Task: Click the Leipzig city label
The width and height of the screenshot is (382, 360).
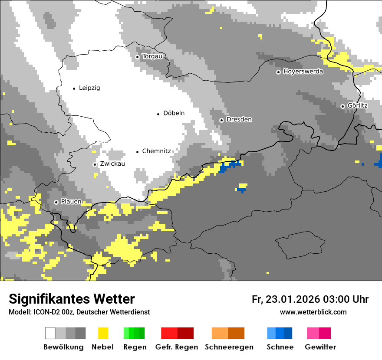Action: pyautogui.click(x=89, y=88)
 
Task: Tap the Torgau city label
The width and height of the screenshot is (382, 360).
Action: pyautogui.click(x=152, y=56)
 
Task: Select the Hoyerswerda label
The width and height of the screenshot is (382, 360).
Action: pyautogui.click(x=303, y=72)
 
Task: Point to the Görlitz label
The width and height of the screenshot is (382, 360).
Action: pyautogui.click(x=358, y=105)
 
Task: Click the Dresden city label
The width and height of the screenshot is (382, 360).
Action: pyautogui.click(x=239, y=120)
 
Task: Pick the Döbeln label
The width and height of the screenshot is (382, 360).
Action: pyautogui.click(x=174, y=113)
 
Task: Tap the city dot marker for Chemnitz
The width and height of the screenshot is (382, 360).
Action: pyautogui.click(x=138, y=152)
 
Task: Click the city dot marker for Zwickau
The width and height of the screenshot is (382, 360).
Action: pyautogui.click(x=95, y=164)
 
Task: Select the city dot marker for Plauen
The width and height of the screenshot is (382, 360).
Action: pyautogui.click(x=56, y=202)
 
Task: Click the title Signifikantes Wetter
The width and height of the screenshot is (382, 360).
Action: pyautogui.click(x=72, y=299)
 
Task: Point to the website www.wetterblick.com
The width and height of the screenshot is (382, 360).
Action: pyautogui.click(x=313, y=312)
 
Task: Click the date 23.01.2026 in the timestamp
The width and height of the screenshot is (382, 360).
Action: pyautogui.click(x=293, y=299)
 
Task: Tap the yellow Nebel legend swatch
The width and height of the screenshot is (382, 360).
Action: pyautogui.click(x=103, y=333)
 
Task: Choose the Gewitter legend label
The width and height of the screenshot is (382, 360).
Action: pyautogui.click(x=320, y=347)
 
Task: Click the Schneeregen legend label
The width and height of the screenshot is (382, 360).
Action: pyautogui.click(x=229, y=347)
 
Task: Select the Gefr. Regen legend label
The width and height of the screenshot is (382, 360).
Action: pyautogui.click(x=177, y=347)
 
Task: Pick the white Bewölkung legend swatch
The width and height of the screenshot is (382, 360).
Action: pyautogui.click(x=50, y=333)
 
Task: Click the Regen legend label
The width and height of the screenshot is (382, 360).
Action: pyautogui.click(x=134, y=347)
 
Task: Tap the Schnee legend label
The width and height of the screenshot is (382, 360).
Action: pyautogui.click(x=280, y=347)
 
